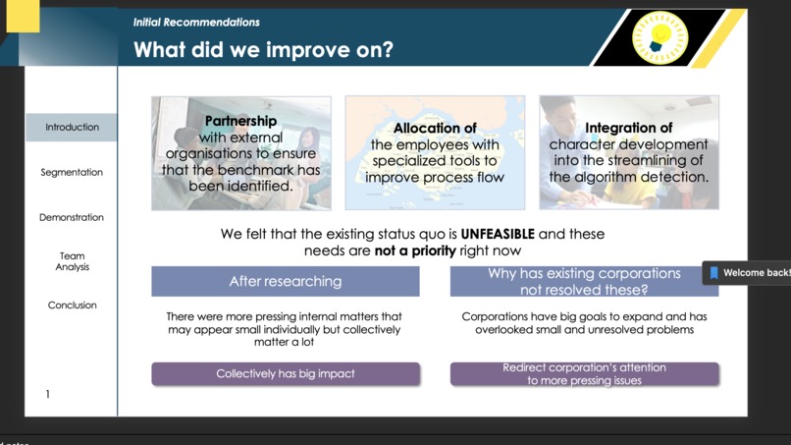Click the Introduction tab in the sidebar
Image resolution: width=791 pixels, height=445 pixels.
[x=72, y=128]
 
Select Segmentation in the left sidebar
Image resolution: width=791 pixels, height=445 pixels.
[x=72, y=173]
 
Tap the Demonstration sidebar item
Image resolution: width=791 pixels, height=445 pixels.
[x=72, y=218]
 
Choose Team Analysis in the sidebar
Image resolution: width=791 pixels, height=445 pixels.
[x=72, y=261]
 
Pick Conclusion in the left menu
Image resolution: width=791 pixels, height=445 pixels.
[x=72, y=306]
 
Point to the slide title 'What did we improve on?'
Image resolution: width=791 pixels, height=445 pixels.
[x=263, y=50]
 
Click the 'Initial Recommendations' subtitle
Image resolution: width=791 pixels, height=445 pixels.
[x=196, y=22]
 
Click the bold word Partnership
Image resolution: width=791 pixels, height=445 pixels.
[x=240, y=122]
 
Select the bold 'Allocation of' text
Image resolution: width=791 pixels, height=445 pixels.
[x=435, y=129]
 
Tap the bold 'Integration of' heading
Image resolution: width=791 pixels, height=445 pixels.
[x=628, y=128]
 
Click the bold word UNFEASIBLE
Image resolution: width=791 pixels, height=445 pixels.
[x=498, y=235]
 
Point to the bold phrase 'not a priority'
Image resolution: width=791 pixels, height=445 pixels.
[x=415, y=251]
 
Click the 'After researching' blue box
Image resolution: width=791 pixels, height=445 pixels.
[x=285, y=282]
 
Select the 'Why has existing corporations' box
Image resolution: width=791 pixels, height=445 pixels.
[x=584, y=281]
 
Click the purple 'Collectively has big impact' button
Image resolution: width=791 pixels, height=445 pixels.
[x=285, y=374]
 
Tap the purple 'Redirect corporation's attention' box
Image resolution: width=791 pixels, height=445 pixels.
[x=584, y=374]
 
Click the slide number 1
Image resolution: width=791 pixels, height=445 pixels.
[x=47, y=395]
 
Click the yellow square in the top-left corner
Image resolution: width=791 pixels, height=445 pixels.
[x=22, y=16]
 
